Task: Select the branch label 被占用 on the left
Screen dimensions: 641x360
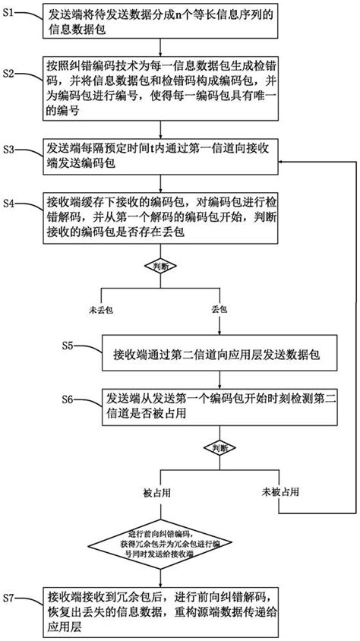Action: (156, 491)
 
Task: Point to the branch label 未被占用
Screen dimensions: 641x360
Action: (279, 491)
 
